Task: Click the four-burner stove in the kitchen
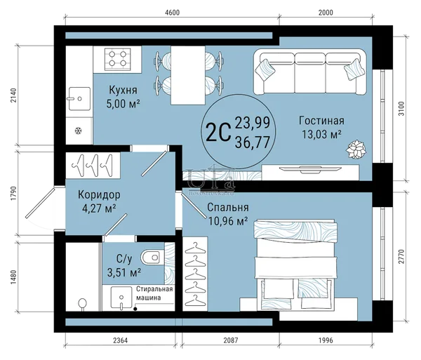point(118,59)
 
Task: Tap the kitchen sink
point(79,98)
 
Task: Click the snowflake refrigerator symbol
point(78,131)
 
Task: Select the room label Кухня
point(123,90)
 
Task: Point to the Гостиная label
point(321,121)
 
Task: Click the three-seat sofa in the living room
point(310,72)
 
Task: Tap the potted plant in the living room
point(356,149)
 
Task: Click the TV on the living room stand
point(311,169)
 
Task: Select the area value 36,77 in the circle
point(253,142)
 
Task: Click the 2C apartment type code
point(218,131)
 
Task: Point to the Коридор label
point(99,194)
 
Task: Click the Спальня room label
point(228,207)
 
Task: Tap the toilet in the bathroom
point(152,258)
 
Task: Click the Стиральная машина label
point(154,293)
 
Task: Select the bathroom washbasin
point(121,298)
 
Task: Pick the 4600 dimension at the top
point(172,13)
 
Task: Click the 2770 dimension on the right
point(401,256)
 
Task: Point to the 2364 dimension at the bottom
point(120,340)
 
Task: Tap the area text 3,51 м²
point(124,272)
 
